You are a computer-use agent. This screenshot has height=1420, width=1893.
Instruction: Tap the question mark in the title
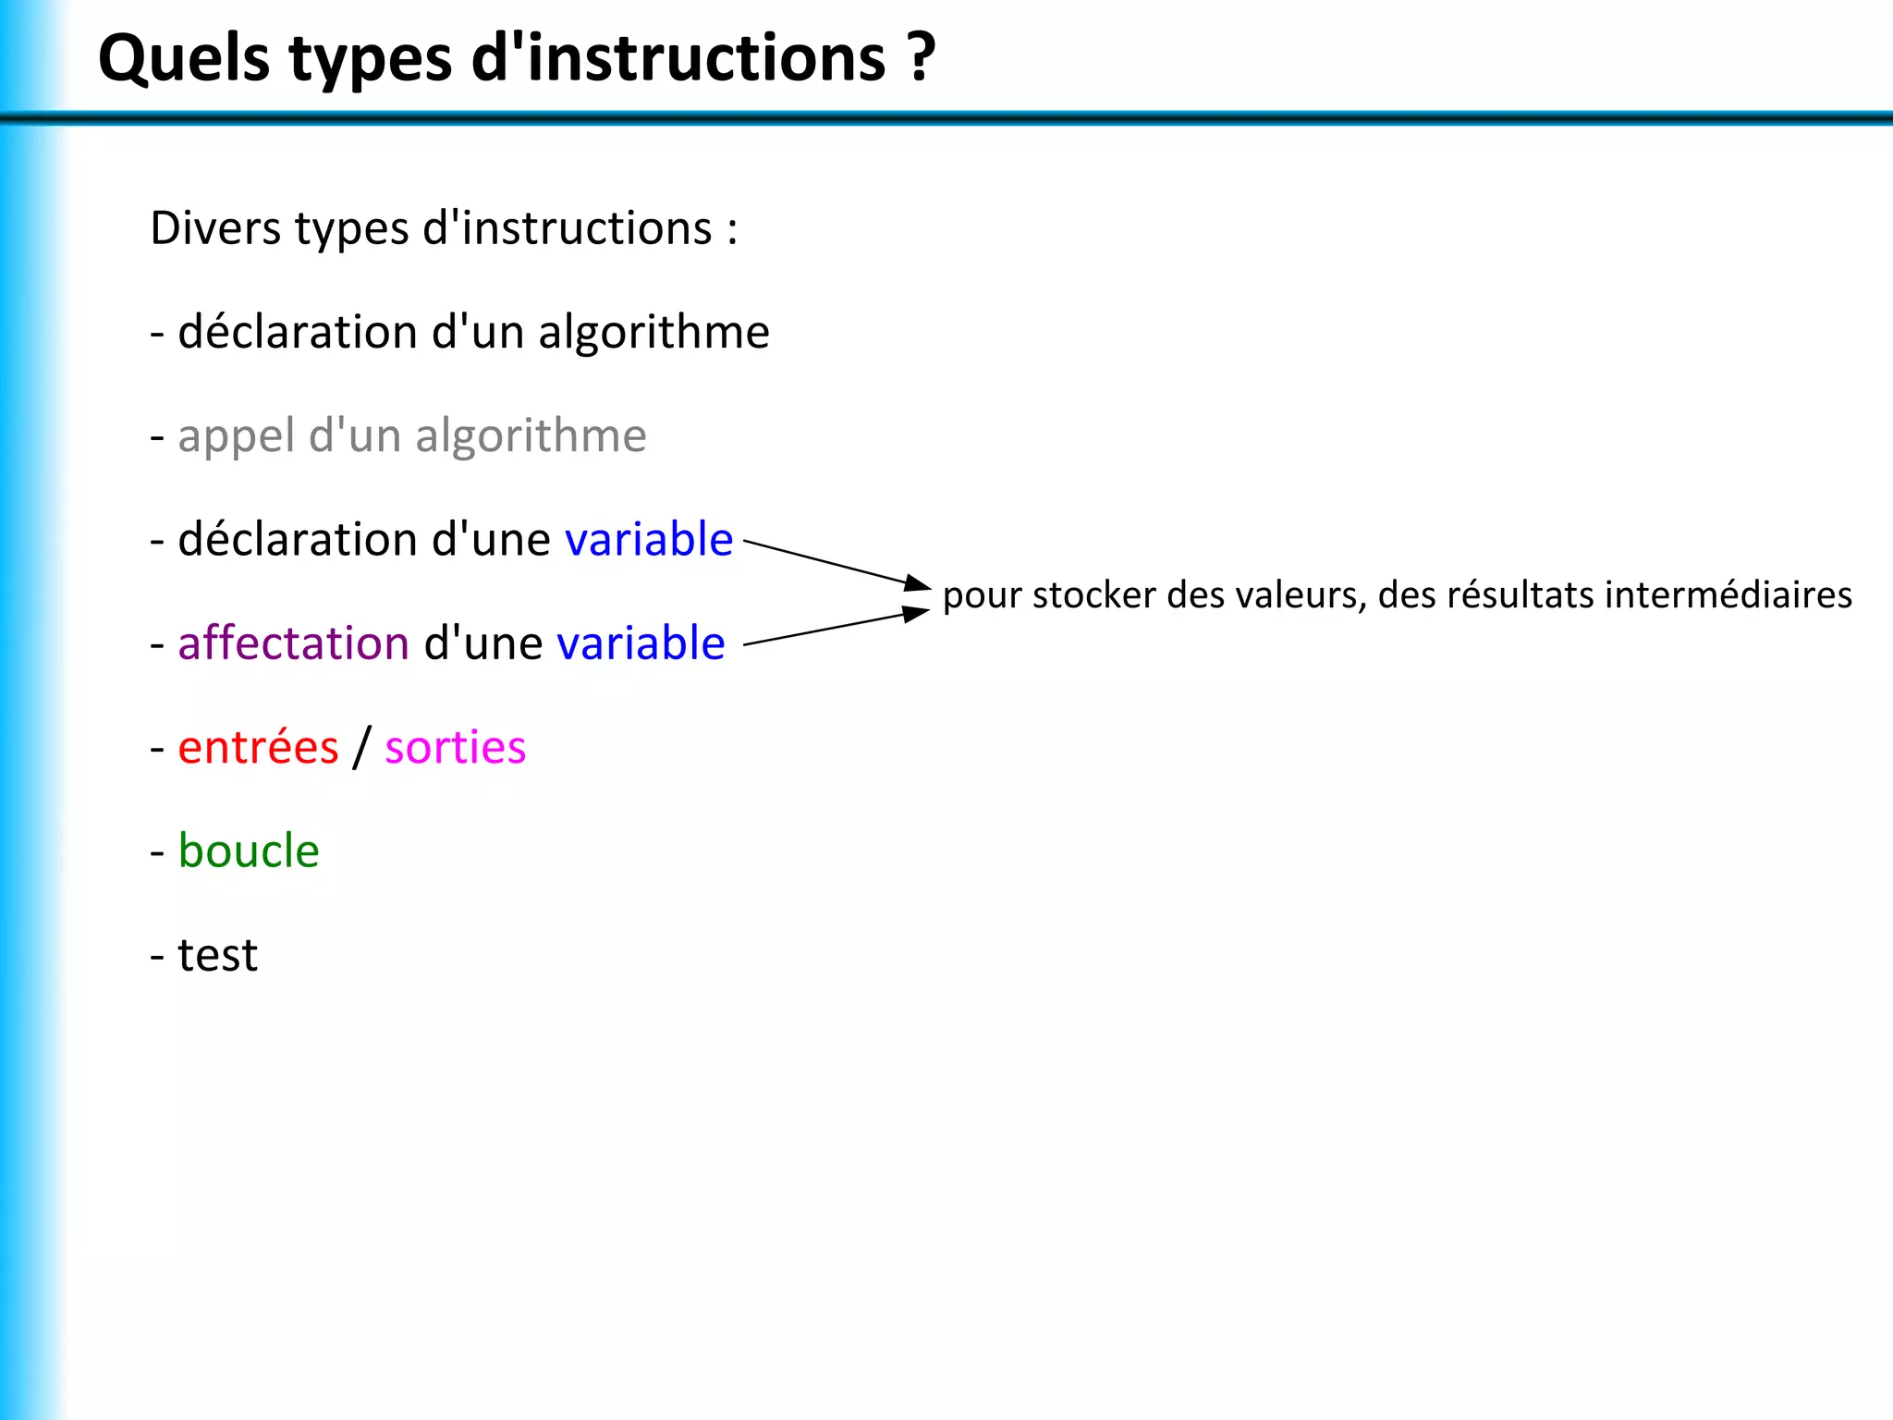[x=921, y=57]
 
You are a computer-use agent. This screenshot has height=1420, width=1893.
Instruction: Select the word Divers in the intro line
[x=214, y=228]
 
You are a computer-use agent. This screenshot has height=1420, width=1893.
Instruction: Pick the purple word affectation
[x=293, y=643]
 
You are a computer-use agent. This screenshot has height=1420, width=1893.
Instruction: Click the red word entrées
[x=258, y=747]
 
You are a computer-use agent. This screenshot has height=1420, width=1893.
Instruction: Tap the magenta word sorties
[x=455, y=747]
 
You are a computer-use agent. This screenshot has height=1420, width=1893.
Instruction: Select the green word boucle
[x=248, y=851]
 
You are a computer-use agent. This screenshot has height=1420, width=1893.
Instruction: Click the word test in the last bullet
[x=217, y=955]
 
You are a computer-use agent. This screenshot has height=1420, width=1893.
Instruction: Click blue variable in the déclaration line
[x=648, y=540]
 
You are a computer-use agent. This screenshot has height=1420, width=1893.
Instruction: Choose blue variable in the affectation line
[x=641, y=643]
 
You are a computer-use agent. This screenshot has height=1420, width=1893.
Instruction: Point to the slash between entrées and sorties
[x=361, y=747]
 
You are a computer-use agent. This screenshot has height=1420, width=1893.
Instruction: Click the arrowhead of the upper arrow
[x=918, y=583]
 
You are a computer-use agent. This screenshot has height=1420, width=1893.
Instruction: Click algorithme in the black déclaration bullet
[x=653, y=333]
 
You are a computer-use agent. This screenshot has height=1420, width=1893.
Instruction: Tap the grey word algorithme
[x=531, y=436]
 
